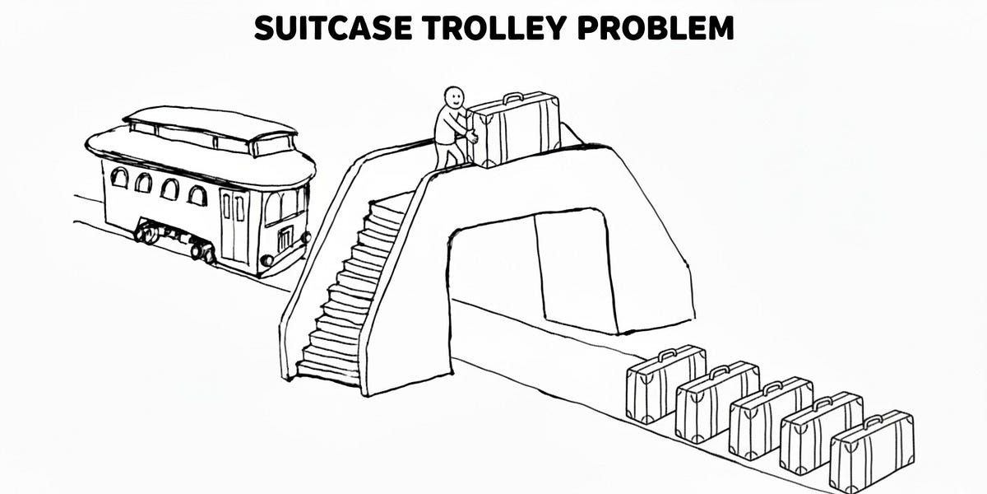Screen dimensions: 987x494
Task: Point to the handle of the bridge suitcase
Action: click(x=512, y=97)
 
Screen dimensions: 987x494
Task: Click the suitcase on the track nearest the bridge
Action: click(x=665, y=385)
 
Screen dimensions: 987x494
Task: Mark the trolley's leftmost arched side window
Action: click(x=119, y=177)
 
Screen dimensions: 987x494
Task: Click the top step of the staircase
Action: click(x=393, y=202)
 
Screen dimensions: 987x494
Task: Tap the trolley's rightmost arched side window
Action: click(x=197, y=195)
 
